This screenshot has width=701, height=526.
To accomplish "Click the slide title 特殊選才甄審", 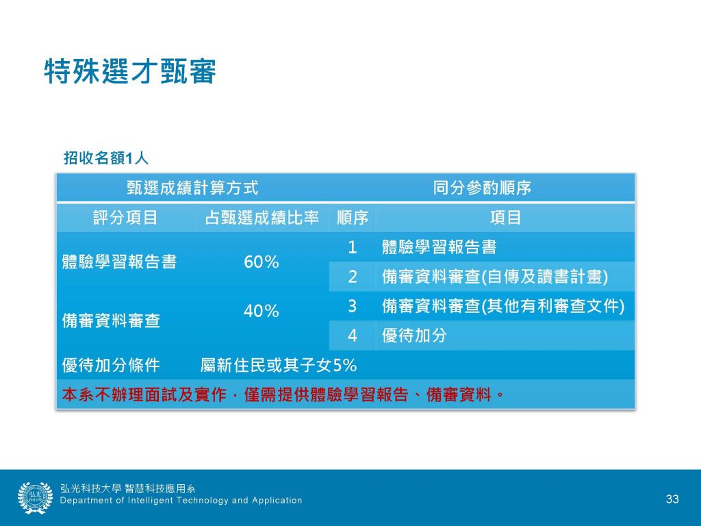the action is pos(130,71).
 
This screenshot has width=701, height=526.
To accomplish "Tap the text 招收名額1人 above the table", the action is pos(106,158).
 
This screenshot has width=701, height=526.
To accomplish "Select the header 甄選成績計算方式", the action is pos(192,188).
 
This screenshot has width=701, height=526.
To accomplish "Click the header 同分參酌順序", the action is pos(482,188).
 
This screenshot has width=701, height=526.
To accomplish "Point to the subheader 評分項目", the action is pos(125,218).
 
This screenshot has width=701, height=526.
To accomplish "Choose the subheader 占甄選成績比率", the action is pos(262,218).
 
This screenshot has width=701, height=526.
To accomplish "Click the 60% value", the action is pos(262,262).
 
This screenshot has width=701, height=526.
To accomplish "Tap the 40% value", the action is pos(262,311).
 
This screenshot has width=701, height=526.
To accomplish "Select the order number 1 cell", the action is pos(353,247).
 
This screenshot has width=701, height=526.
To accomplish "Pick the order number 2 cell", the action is pos(353,277).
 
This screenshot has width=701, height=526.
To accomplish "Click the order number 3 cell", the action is pos(353,306).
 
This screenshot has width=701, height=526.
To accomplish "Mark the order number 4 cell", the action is pos(353,336).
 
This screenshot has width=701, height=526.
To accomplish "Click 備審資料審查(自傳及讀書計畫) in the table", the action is pos(495,277).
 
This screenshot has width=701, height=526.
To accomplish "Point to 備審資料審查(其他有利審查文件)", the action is pos(503,306).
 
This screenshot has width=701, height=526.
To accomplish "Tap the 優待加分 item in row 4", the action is pos(414,336).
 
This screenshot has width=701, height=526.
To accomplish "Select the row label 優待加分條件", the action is pos(111,366).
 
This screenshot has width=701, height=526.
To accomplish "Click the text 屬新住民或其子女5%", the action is pos(279,366).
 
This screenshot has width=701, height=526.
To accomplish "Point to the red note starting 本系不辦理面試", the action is pos(283,395).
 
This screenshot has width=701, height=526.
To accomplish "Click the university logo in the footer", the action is pos(36,498).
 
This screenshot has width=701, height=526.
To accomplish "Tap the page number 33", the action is pos(672,499).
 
